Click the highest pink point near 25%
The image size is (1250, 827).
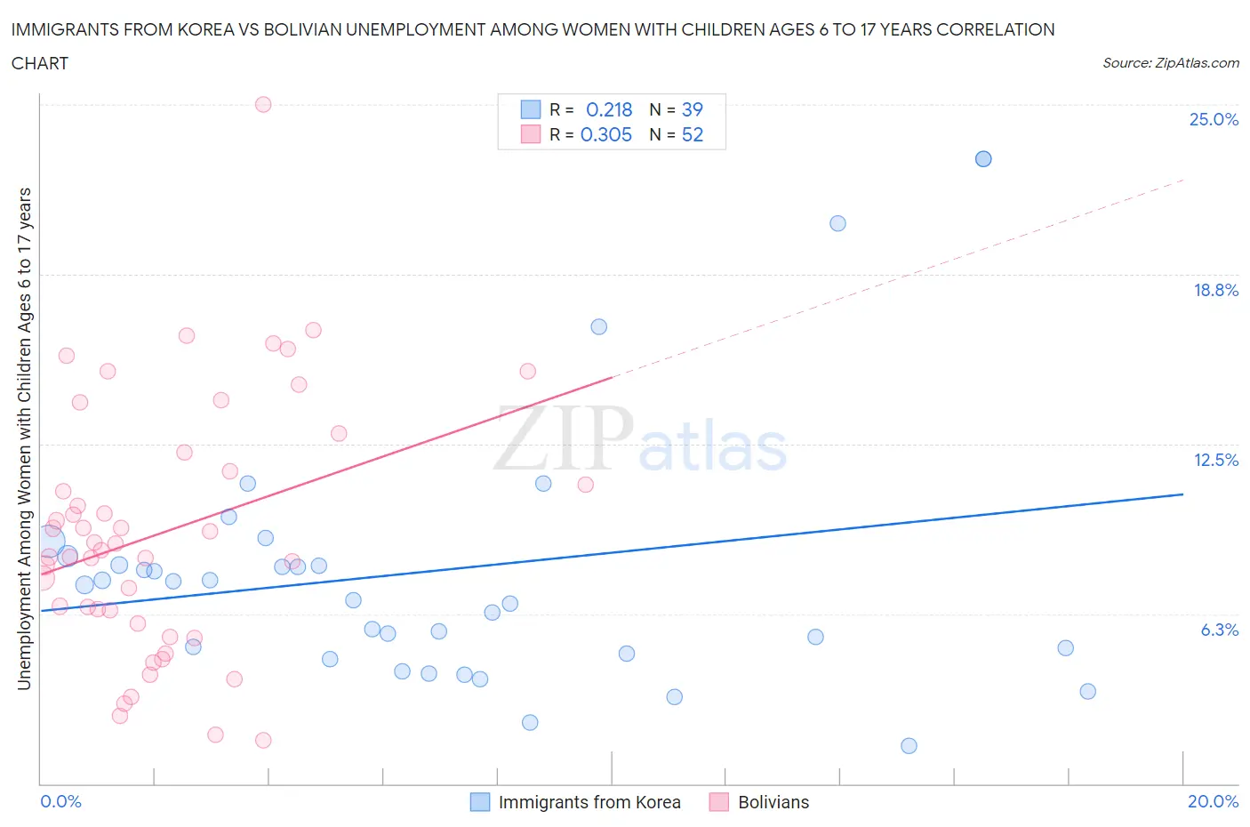tap(263, 104)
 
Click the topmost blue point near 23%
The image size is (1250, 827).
tap(983, 158)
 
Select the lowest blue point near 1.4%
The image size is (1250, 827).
tap(909, 745)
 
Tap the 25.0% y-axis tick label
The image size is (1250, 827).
tap(1214, 119)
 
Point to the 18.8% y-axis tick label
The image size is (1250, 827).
tap(1215, 290)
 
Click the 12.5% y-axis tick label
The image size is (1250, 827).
tap(1215, 460)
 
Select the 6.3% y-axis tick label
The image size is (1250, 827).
tap(1219, 630)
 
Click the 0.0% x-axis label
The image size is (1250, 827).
tap(60, 801)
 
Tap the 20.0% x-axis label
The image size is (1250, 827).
tap(1213, 801)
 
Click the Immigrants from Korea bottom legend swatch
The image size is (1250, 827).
tap(480, 802)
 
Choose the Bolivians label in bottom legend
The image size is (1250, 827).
tap(773, 802)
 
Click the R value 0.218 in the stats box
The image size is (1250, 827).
tap(609, 109)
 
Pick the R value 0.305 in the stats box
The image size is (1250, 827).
tap(606, 134)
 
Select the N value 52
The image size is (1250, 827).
tap(692, 134)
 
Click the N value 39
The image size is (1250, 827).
tap(692, 109)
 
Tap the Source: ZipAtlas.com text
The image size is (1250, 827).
tap(1170, 62)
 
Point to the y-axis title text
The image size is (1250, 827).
tap(25, 438)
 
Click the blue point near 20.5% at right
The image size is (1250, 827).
tap(837, 223)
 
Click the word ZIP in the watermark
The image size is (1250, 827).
tap(563, 438)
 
